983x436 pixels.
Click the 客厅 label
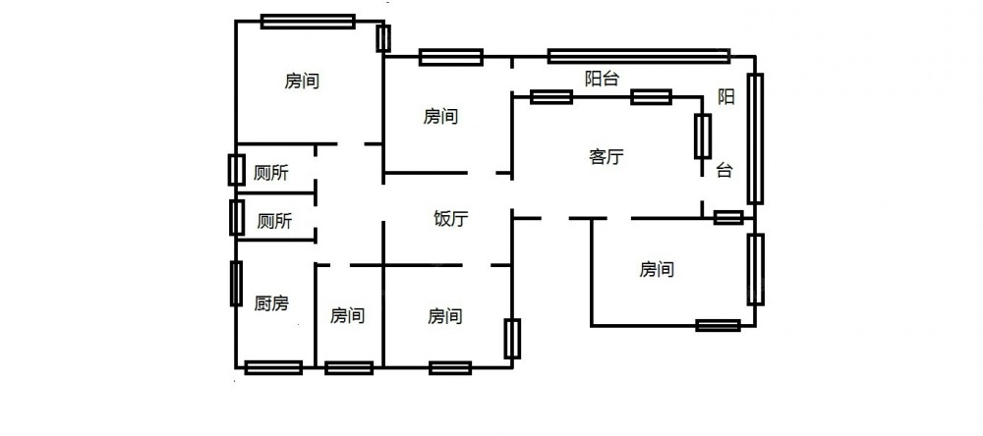[x=607, y=156]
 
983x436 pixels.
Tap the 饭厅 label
[x=450, y=219]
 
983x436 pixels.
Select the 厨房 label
[x=271, y=303]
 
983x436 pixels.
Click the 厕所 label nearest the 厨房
[x=274, y=222]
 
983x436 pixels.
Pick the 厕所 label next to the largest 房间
[x=271, y=174]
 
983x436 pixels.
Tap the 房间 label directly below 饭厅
[x=445, y=316]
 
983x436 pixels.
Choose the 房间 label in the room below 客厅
[x=657, y=269]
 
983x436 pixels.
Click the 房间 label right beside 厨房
[x=347, y=316]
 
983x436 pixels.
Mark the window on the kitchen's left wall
[x=236, y=284]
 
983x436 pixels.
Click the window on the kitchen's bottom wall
[x=273, y=368]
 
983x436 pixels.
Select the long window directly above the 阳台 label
[x=639, y=56]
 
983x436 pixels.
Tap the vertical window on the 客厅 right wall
[x=703, y=136]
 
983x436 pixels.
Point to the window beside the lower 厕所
[x=237, y=217]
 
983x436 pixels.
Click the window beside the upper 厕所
[x=236, y=170]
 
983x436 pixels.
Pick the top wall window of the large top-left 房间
[x=308, y=21]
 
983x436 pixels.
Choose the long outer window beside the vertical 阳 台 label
[x=755, y=138]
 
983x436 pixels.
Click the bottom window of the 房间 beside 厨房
[x=349, y=368]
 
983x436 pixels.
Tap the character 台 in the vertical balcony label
[x=724, y=170]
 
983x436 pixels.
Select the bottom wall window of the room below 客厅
[x=718, y=325]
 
